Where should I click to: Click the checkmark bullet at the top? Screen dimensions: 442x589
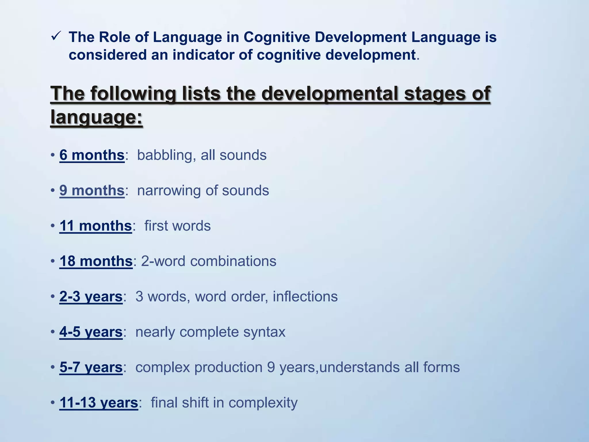56,37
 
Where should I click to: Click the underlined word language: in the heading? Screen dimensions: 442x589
96,117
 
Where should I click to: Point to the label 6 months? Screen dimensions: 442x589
92,155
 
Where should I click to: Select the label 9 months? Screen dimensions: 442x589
92,190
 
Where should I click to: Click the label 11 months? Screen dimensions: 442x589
95,226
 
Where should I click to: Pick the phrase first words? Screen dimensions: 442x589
177,226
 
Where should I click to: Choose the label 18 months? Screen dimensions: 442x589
96,261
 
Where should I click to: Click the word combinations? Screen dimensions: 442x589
233,261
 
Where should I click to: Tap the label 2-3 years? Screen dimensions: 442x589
91,297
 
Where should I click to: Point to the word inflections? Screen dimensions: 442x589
305,297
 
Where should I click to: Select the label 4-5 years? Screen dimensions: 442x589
91,332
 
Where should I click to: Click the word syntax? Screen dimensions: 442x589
264,332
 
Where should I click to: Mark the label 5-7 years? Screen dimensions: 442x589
91,367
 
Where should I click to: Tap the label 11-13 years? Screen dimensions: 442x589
99,403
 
